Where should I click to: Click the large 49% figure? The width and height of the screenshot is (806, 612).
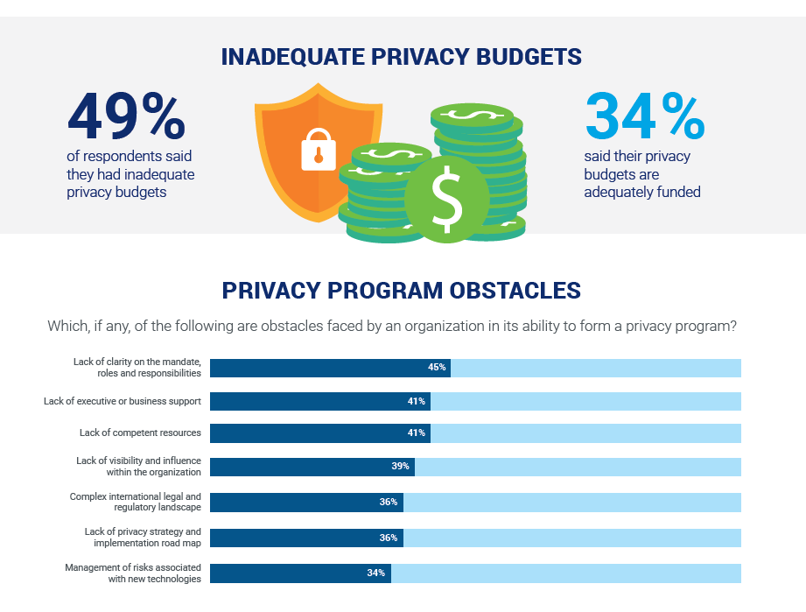pyautogui.click(x=126, y=116)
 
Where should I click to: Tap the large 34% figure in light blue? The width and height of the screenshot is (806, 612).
pyautogui.click(x=644, y=116)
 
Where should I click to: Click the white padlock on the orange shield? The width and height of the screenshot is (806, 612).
pyautogui.click(x=318, y=149)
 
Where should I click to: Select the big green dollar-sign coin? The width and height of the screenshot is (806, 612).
pyautogui.click(x=447, y=200)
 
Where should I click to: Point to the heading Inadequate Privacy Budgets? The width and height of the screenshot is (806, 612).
pyautogui.click(x=402, y=58)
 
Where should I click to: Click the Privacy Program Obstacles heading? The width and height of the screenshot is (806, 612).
pyautogui.click(x=402, y=291)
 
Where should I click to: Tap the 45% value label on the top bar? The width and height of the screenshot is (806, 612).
pyautogui.click(x=437, y=368)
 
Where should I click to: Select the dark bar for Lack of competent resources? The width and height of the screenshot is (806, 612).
pyautogui.click(x=319, y=433)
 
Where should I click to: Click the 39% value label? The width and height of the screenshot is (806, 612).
pyautogui.click(x=401, y=467)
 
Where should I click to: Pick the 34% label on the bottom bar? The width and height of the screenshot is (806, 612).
pyautogui.click(x=377, y=573)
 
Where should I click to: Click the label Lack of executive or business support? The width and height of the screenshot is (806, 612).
pyautogui.click(x=123, y=401)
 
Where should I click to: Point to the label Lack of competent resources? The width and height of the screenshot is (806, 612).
pyautogui.click(x=140, y=433)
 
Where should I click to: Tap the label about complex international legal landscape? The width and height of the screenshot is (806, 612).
pyautogui.click(x=135, y=502)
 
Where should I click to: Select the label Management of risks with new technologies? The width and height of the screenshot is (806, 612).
pyautogui.click(x=132, y=573)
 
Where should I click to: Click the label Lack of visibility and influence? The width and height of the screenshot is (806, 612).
pyautogui.click(x=138, y=467)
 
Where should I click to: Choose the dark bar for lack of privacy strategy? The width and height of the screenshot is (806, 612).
pyautogui.click(x=306, y=538)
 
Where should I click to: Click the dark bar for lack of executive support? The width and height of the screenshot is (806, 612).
pyautogui.click(x=319, y=401)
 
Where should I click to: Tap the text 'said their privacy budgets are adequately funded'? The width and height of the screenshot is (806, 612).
pyautogui.click(x=641, y=174)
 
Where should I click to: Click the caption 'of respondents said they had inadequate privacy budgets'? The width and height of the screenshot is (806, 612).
pyautogui.click(x=130, y=174)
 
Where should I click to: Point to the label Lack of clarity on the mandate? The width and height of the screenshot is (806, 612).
pyautogui.click(x=137, y=368)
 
